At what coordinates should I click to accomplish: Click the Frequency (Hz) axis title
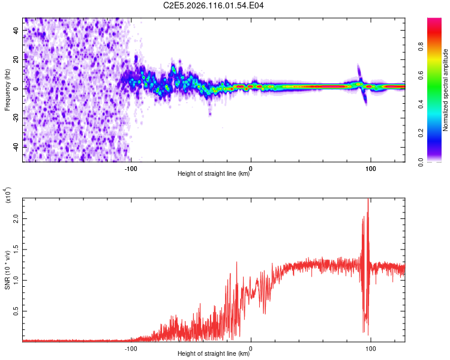pos(8,89)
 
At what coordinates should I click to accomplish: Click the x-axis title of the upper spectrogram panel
pos(214,174)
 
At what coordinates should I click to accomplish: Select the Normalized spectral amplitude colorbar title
pos(445,90)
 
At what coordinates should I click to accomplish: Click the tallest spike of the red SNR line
pos(368,200)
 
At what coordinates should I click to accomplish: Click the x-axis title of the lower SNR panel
pos(214,354)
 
